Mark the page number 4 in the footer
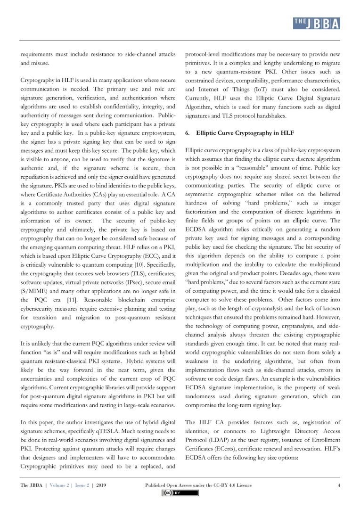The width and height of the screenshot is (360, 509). point(339,485)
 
